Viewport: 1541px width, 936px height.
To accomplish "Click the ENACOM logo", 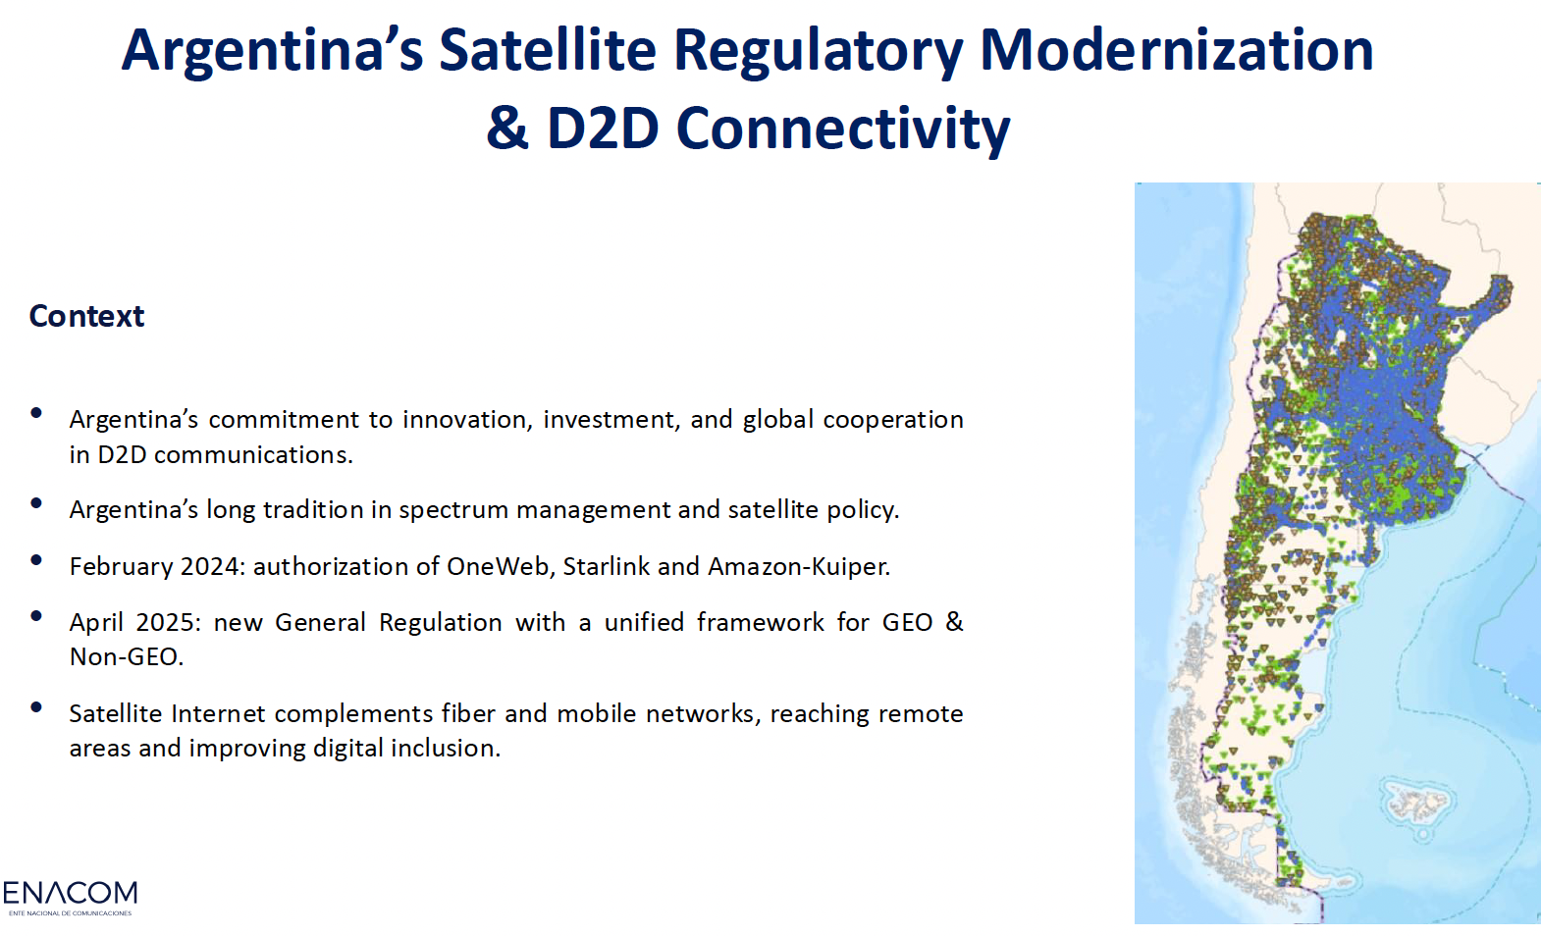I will tap(70, 896).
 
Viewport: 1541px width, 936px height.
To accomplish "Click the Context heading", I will tap(86, 316).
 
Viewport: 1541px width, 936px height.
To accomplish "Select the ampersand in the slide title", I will tap(506, 128).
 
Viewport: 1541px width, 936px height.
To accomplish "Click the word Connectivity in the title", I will tap(842, 128).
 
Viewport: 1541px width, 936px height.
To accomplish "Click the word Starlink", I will tap(606, 566).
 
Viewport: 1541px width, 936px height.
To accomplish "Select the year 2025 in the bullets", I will tap(168, 622).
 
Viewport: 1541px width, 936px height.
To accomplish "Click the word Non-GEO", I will tap(126, 656).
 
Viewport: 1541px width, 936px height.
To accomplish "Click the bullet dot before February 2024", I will tap(36, 560).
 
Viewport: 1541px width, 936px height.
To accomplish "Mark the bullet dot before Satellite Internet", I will tap(36, 707).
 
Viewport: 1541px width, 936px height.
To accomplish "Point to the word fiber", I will tap(469, 713).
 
